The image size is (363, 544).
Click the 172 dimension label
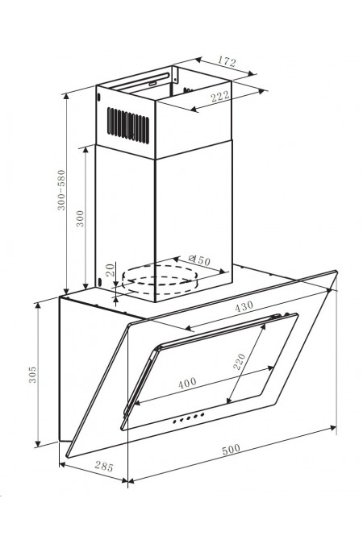pos(227,61)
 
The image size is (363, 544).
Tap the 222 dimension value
pos(220,96)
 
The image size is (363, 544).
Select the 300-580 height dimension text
pos(61,189)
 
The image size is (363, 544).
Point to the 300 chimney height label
pos(80,218)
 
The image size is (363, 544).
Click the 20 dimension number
pos(111,269)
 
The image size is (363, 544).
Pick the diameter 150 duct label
pos(199,260)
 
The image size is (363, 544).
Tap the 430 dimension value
pos(244,307)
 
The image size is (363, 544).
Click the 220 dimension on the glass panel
pos(240,361)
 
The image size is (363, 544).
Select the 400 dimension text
pos(187,382)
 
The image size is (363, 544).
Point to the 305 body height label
pos(32,374)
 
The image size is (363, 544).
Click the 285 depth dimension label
pos(103,467)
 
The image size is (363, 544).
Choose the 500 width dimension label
pos(231,449)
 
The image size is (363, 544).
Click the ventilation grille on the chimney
pos(127,125)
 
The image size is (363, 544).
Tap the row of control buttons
pos(188,417)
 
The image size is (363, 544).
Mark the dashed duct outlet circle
pos(160,280)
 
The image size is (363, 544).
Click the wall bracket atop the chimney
pos(176,76)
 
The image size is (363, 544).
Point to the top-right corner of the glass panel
pos(336,272)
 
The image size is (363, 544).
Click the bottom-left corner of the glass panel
pos(66,457)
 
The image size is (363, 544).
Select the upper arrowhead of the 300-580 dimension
pos(66,97)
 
